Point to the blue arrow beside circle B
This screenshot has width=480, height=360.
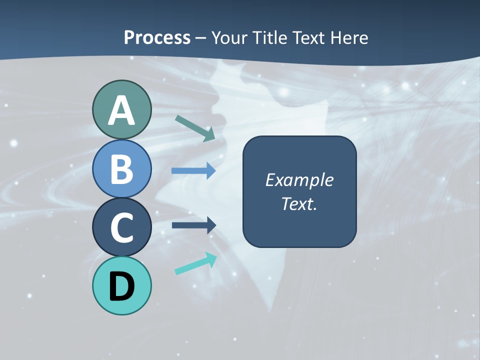(193, 170)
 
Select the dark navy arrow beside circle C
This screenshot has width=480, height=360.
(194, 225)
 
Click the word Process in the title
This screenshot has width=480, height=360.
(157, 37)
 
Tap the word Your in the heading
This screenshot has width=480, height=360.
(227, 37)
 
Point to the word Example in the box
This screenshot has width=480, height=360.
(299, 180)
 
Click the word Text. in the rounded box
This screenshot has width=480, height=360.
(299, 203)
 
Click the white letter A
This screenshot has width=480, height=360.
(121, 111)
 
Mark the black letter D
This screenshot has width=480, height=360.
(121, 286)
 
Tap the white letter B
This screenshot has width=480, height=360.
(121, 169)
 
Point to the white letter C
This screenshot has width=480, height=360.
(121, 227)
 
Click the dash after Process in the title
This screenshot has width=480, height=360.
(201, 38)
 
